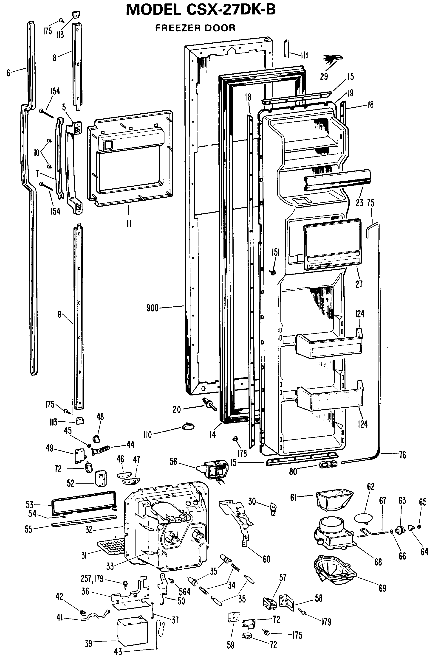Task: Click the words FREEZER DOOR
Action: click(x=195, y=28)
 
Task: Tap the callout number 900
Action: click(x=153, y=308)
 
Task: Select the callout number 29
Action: click(x=324, y=76)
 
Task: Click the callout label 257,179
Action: click(x=92, y=579)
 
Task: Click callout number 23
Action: click(x=359, y=203)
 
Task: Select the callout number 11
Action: click(x=129, y=224)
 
